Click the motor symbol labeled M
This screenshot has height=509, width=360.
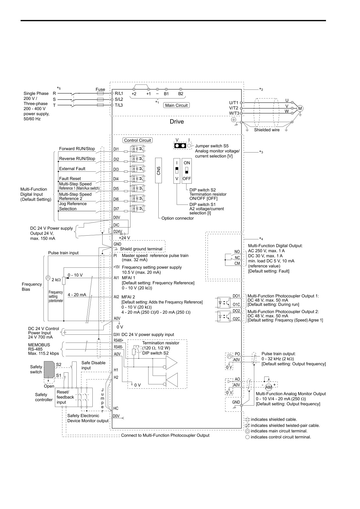(300, 108)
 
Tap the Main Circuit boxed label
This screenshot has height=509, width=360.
(176, 105)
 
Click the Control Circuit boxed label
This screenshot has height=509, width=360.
(137, 140)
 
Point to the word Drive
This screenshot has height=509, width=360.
(177, 121)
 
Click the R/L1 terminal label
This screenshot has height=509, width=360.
(119, 94)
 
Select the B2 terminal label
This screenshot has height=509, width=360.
(181, 94)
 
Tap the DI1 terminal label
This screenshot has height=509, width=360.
(116, 149)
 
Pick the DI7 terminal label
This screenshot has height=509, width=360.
(116, 209)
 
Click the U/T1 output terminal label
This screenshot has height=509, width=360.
(234, 103)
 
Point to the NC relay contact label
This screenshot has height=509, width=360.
(237, 258)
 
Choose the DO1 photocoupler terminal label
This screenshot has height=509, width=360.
(236, 296)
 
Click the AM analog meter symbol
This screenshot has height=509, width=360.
(268, 387)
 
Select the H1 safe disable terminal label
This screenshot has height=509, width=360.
(116, 370)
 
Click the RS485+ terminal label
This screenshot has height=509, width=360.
(118, 340)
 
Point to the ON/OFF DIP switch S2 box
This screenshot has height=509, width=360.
(187, 171)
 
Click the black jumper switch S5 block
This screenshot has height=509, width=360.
(180, 146)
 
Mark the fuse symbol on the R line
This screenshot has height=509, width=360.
(100, 94)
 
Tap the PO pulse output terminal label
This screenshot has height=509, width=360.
(237, 354)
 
